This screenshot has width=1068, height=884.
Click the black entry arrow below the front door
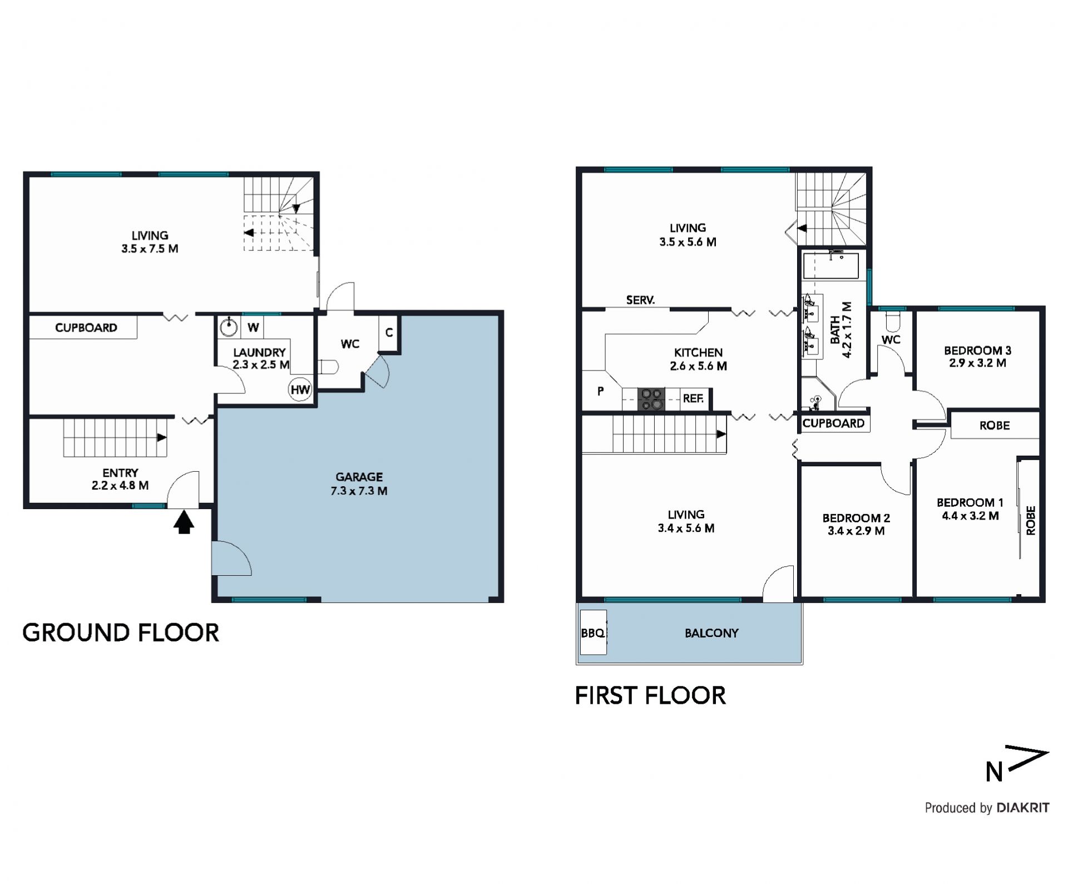point(184,522)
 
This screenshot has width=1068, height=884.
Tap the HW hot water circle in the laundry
point(300,389)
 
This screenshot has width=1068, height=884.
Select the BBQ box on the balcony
point(593,633)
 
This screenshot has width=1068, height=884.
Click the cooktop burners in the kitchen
point(651,399)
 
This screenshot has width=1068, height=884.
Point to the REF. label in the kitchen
point(693,398)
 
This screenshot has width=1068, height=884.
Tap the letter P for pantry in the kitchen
point(600,391)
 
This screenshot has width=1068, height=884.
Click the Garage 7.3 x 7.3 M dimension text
point(359,491)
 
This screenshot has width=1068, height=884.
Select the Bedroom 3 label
point(977,350)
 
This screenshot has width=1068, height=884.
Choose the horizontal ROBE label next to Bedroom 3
point(994,426)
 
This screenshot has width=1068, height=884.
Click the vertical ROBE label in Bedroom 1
point(1031,520)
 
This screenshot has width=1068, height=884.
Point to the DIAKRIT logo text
point(1023,807)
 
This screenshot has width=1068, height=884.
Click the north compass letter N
point(994,772)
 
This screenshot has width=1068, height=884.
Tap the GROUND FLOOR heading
point(121,633)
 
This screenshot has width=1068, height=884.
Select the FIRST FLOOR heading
point(650,695)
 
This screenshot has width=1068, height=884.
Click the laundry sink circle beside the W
point(229,327)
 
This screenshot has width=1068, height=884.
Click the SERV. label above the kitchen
point(640,300)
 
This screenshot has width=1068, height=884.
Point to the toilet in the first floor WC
point(891,321)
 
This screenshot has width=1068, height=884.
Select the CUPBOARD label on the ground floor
point(86,328)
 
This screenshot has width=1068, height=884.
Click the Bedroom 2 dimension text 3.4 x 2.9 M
point(856,531)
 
